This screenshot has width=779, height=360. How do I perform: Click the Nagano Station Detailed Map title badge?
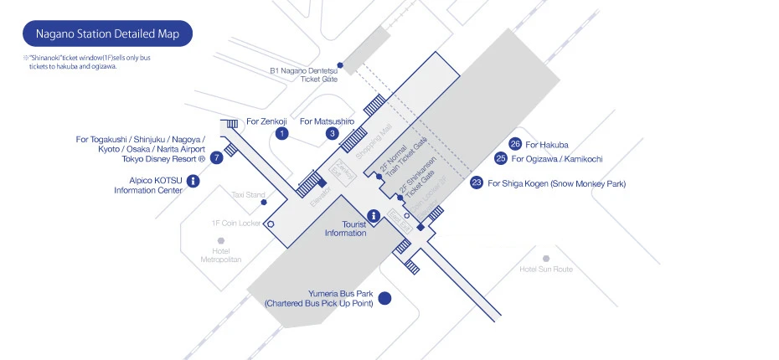coord(107,34)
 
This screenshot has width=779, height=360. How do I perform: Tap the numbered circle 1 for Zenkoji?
coord(282,133)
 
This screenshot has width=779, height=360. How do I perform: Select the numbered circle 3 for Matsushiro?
coord(333,133)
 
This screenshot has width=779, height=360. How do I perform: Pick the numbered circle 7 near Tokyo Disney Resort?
coord(216,157)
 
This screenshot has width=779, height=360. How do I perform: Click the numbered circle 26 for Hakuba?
coord(516,144)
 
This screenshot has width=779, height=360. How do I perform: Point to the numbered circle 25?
coord(501,157)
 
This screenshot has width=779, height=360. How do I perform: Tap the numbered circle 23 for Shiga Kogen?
coord(477,183)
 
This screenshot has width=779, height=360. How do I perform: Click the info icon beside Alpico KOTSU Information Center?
coord(193,180)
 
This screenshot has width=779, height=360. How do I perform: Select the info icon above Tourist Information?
coord(374,215)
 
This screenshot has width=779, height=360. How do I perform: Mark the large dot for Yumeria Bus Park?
coord(385,297)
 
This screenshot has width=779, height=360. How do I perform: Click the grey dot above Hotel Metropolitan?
coord(221,240)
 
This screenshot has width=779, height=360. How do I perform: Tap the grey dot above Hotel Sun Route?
coord(546,259)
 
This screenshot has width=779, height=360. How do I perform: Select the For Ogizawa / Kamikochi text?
coord(557,158)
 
